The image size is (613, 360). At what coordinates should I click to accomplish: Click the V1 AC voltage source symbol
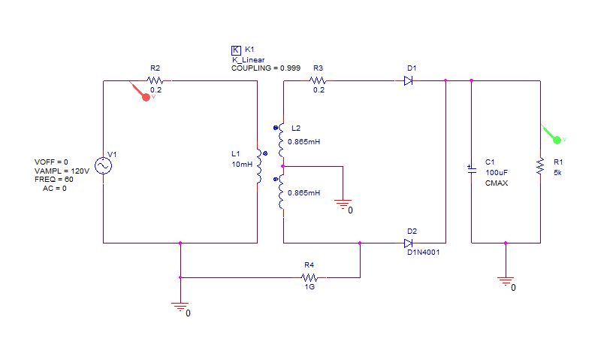click(x=103, y=165)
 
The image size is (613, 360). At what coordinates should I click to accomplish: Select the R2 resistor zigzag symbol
click(x=156, y=80)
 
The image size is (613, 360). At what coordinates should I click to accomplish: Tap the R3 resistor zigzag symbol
click(x=318, y=80)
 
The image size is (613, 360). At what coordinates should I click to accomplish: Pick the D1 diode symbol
click(x=408, y=80)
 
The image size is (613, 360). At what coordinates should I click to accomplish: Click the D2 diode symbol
click(x=408, y=243)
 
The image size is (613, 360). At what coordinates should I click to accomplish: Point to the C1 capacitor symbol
click(x=472, y=168)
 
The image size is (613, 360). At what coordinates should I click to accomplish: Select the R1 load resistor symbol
click(x=540, y=166)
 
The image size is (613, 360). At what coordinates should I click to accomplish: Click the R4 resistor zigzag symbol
click(x=310, y=277)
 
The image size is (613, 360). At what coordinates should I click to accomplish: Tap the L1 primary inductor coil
click(x=258, y=166)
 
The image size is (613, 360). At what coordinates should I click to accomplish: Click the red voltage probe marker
click(x=146, y=98)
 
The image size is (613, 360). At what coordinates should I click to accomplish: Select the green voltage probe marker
click(x=557, y=140)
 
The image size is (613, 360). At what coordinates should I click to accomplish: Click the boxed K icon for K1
click(x=236, y=50)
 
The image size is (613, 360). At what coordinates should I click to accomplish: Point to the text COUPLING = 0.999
click(x=266, y=68)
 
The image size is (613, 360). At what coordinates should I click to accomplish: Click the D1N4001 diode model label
click(x=424, y=253)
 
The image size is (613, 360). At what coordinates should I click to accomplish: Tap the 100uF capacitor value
click(x=497, y=173)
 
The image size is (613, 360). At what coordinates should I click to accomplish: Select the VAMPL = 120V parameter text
click(x=62, y=171)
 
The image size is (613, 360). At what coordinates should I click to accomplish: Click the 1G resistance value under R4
click(x=310, y=287)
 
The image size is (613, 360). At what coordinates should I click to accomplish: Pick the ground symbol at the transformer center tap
click(x=343, y=204)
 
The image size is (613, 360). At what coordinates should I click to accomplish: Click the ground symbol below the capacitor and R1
click(x=506, y=282)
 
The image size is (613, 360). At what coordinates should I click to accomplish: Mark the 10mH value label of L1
click(x=242, y=165)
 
